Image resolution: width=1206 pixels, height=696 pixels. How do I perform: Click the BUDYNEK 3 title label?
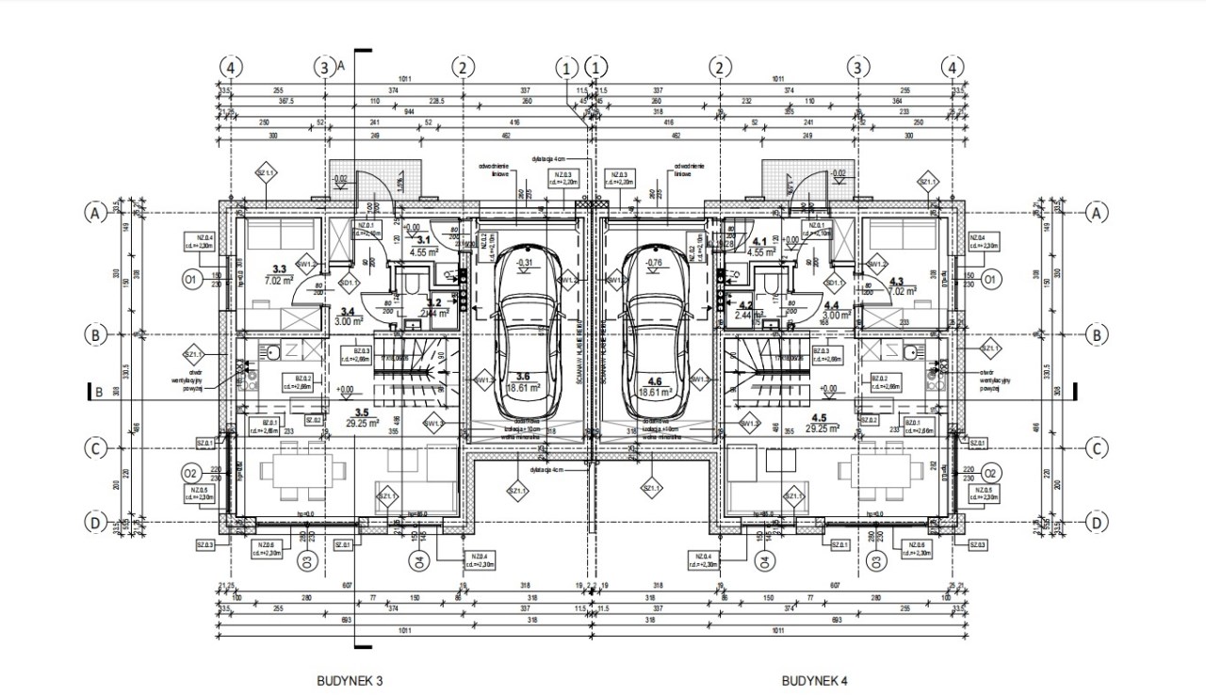pyautogui.click(x=349, y=679)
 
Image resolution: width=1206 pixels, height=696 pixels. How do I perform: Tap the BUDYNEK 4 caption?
pyautogui.click(x=815, y=679)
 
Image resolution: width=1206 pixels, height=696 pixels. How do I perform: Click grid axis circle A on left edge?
pyautogui.click(x=94, y=214)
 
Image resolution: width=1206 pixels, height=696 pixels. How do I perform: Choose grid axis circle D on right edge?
pyautogui.click(x=1096, y=523)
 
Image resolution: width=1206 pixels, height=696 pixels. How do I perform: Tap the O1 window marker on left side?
pyautogui.click(x=191, y=280)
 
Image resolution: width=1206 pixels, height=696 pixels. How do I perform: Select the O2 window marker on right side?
pyautogui.click(x=990, y=473)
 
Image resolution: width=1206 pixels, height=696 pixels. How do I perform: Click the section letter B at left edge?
pyautogui.click(x=99, y=394)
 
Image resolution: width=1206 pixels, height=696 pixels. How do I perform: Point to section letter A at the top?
pyautogui.click(x=341, y=65)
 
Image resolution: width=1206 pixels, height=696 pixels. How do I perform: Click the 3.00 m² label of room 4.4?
pyautogui.click(x=835, y=317)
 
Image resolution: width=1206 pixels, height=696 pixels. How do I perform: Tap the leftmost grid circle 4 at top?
pyautogui.click(x=232, y=67)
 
